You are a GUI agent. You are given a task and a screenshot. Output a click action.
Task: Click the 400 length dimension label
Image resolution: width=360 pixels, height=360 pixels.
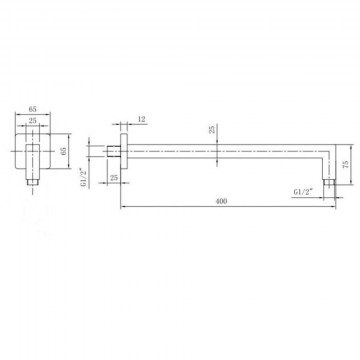(x=221, y=201)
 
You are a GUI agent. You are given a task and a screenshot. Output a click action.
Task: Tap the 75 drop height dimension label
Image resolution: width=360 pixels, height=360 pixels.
(x=346, y=164)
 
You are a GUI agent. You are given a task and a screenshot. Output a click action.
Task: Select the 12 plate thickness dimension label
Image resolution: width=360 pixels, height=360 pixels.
(x=142, y=119)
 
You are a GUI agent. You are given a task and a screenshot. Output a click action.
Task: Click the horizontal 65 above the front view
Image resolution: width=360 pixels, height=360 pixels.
(x=32, y=109)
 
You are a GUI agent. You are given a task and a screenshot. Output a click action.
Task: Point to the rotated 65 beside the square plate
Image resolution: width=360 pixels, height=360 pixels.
(x=64, y=151)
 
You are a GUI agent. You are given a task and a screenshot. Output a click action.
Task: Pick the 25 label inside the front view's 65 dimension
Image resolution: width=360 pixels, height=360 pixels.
(x=32, y=121)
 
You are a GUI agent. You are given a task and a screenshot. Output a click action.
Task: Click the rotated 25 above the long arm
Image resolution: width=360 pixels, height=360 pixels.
(x=212, y=129)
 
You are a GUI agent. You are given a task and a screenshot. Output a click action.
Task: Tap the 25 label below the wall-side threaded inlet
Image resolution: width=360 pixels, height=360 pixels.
(x=114, y=178)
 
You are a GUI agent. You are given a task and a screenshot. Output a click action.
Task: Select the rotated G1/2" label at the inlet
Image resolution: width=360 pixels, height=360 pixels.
(x=84, y=178)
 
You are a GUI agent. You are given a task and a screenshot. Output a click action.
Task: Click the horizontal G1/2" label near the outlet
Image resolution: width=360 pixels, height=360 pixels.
(x=304, y=192)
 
